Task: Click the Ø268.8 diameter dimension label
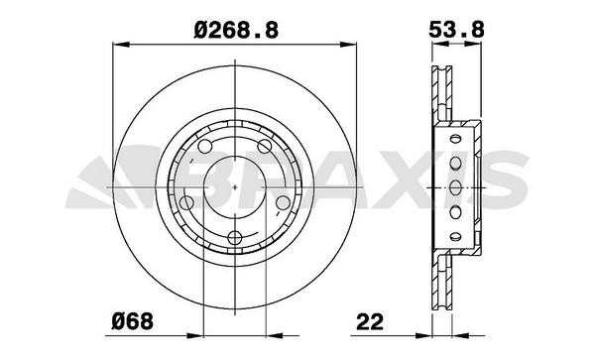pyautogui.click(x=236, y=30)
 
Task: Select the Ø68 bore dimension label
pyautogui.click(x=133, y=321)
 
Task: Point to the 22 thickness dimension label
pyautogui.click(x=370, y=321)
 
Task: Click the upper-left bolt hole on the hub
pyautogui.click(x=205, y=146)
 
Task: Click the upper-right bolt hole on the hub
pyautogui.click(x=265, y=146)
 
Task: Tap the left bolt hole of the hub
pyautogui.click(x=186, y=202)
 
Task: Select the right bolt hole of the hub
pyautogui.click(x=283, y=202)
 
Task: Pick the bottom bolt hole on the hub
pyautogui.click(x=235, y=238)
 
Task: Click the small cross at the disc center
pyautogui.click(x=235, y=187)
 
